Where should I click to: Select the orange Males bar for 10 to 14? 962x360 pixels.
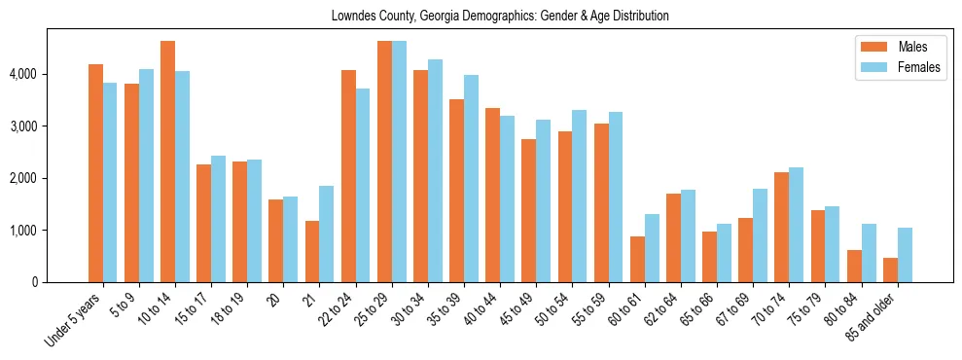[x=167, y=162]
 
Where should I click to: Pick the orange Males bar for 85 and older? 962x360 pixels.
[x=890, y=270]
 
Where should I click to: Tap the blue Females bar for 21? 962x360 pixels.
[x=327, y=234]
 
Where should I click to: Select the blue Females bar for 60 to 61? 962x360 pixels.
[x=652, y=248]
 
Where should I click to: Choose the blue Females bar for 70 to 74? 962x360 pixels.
[x=796, y=225]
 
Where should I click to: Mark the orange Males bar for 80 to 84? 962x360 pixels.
[x=854, y=267]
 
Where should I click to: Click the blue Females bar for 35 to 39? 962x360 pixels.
[x=471, y=179]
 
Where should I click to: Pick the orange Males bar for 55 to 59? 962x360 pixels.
[x=601, y=203]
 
